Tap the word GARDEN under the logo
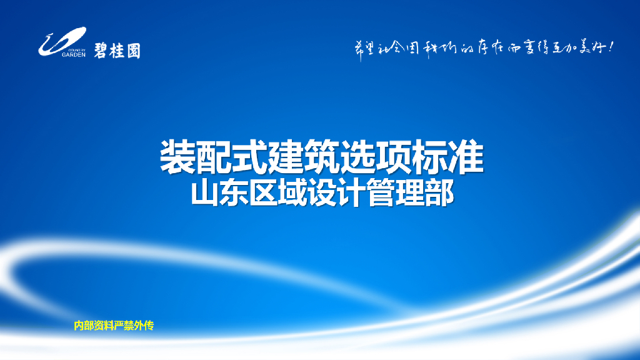pos(73,54)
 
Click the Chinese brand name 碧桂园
pos(117,49)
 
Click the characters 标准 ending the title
pos(449,157)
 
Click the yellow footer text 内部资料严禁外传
pos(114,326)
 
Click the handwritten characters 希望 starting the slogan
pos(365,48)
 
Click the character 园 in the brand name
pos(133,49)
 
